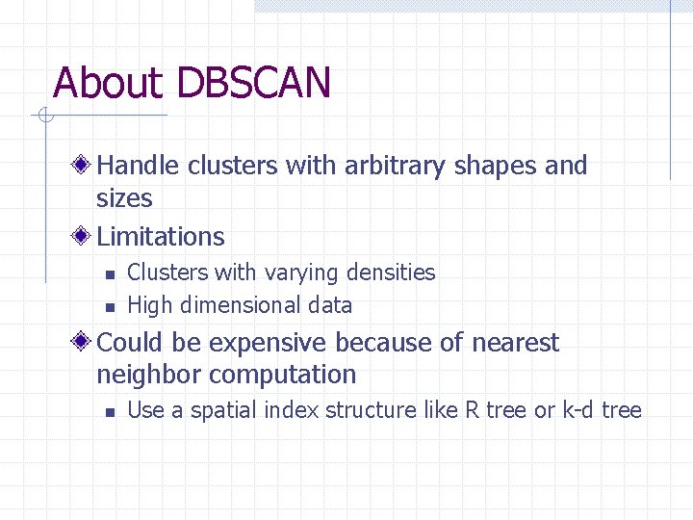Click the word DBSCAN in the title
click(253, 83)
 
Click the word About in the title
click(109, 83)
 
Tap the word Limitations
click(161, 236)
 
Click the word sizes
click(124, 198)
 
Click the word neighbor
click(149, 375)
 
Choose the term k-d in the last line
click(578, 410)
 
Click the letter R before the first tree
click(472, 410)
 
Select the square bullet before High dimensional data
click(110, 307)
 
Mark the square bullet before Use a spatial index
click(110, 412)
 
